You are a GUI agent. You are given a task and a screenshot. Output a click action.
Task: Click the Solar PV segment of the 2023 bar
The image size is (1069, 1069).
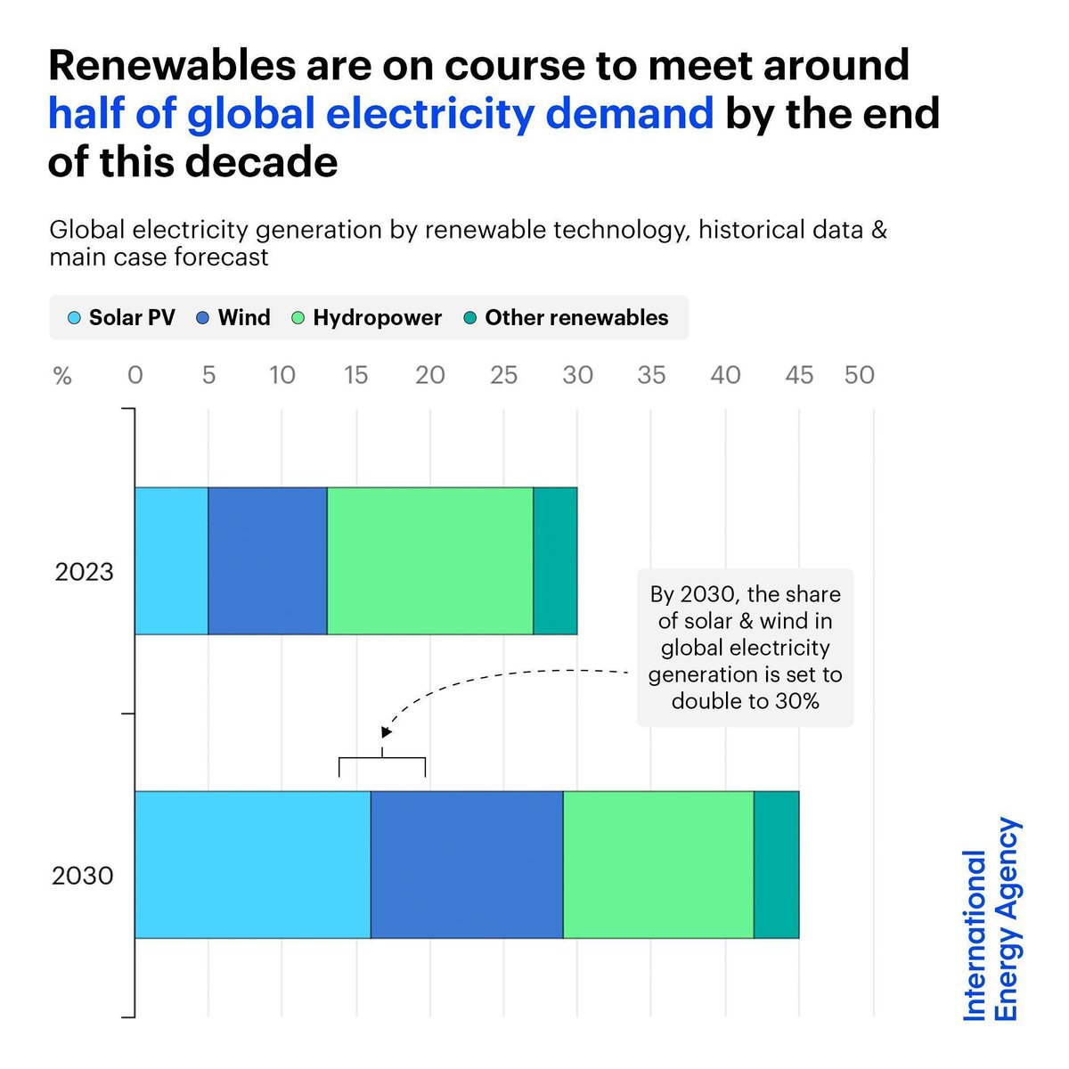pos(171,560)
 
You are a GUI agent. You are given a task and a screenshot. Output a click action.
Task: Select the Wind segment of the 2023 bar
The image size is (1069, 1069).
pos(267,560)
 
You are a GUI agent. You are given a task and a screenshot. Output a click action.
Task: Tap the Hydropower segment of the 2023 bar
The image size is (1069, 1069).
pos(430,560)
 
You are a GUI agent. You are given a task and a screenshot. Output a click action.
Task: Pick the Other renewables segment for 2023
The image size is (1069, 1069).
pos(555,560)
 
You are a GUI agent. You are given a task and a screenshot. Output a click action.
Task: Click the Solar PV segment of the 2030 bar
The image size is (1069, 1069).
pos(252,864)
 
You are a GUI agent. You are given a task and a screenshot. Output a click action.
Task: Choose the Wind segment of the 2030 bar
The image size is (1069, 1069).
pos(467,864)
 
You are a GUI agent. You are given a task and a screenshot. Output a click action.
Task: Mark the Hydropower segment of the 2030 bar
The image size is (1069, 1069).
pos(658,864)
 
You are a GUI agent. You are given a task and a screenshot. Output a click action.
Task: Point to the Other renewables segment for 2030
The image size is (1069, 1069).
pos(777,864)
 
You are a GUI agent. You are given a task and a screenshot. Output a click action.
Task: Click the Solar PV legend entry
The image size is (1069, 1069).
pos(122,318)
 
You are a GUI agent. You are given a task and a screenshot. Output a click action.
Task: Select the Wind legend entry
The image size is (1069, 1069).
pos(233,318)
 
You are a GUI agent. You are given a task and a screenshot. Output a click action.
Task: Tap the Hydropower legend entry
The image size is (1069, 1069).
pos(367,318)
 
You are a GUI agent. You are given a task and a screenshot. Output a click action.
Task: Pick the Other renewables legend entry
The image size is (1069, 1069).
pos(567,318)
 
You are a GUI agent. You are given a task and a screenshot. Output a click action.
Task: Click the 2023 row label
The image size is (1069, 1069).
pos(85,572)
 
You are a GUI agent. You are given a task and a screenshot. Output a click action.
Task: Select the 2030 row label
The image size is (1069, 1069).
pos(83,876)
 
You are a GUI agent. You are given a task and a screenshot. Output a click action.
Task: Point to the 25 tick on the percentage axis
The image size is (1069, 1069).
pos(503,375)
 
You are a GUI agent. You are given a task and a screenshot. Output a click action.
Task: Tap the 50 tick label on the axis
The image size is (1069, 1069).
pos(859,375)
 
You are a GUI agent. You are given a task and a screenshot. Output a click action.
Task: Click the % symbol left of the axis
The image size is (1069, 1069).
pos(62,376)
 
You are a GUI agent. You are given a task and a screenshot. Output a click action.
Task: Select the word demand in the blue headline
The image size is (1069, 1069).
pos(629,114)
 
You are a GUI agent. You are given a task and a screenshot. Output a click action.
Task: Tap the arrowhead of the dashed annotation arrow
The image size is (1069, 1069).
pos(386,732)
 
